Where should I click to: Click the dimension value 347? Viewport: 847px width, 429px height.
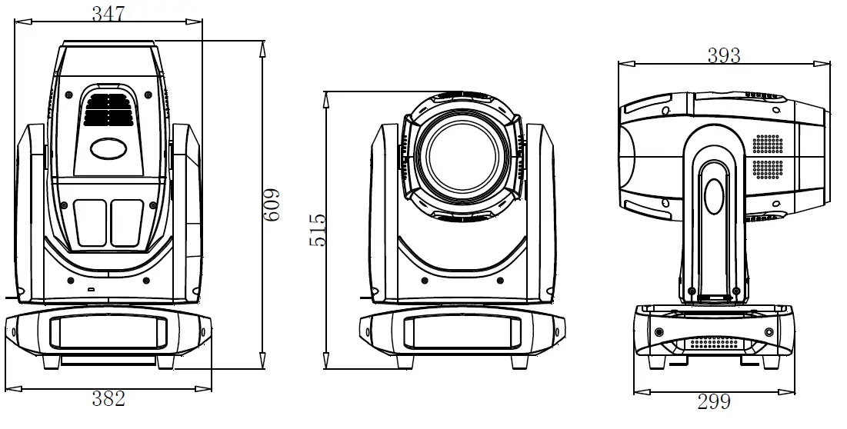109,13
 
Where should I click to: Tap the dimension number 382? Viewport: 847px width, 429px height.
108,398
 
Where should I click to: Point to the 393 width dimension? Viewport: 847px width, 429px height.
723,55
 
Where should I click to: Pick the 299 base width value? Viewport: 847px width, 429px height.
713,401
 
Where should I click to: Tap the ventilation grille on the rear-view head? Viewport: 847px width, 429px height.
108,109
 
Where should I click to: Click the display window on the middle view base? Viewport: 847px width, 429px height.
460,331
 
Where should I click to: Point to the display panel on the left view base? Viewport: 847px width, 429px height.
108,331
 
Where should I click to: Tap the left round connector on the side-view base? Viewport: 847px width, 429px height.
659,331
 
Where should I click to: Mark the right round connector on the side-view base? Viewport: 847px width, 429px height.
769,331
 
